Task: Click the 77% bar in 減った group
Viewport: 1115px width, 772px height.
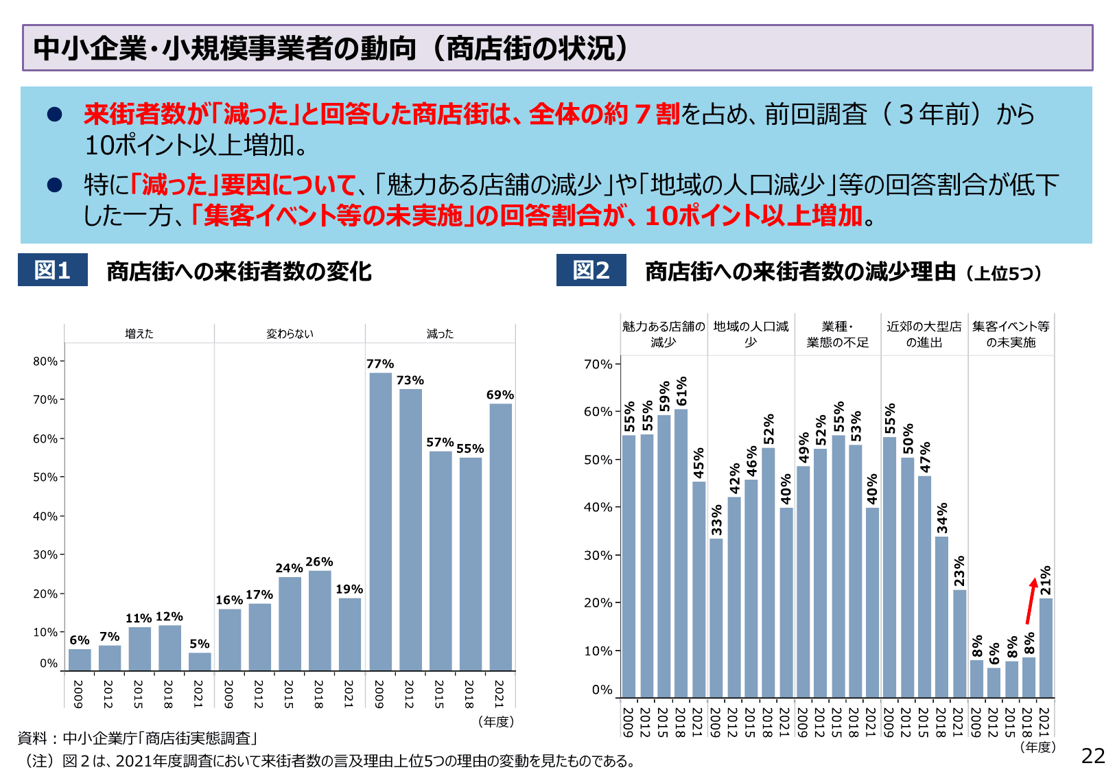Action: pyautogui.click(x=380, y=522)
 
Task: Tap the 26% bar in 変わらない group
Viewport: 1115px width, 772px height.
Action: pyautogui.click(x=320, y=620)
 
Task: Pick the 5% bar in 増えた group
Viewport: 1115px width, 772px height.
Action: pyautogui.click(x=200, y=662)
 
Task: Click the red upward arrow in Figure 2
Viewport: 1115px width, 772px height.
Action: pyautogui.click(x=1031, y=601)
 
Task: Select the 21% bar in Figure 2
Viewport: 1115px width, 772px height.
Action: pyautogui.click(x=1046, y=648)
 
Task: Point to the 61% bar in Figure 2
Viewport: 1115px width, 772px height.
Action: pyautogui.click(x=681, y=553)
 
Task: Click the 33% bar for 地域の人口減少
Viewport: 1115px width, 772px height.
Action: pyautogui.click(x=716, y=618)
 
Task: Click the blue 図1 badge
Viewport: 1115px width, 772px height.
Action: pyautogui.click(x=53, y=270)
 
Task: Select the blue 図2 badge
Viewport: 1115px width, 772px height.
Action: pyautogui.click(x=591, y=270)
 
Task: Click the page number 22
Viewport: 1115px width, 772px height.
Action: pyautogui.click(x=1093, y=756)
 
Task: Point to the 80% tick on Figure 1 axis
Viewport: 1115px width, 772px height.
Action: pyautogui.click(x=46, y=361)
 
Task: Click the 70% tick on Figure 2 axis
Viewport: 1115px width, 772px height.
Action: pyautogui.click(x=598, y=364)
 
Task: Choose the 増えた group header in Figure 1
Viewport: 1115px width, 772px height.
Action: pyautogui.click(x=139, y=334)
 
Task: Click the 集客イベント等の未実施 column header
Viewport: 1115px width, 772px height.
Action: pyautogui.click(x=1011, y=334)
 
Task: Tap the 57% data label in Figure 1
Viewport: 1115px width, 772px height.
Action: pyautogui.click(x=440, y=443)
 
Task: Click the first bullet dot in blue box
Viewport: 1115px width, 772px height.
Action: pyautogui.click(x=55, y=115)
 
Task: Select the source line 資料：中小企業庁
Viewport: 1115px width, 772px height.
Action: pyautogui.click(x=137, y=738)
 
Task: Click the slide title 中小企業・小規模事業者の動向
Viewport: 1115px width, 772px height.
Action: pyautogui.click(x=329, y=48)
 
